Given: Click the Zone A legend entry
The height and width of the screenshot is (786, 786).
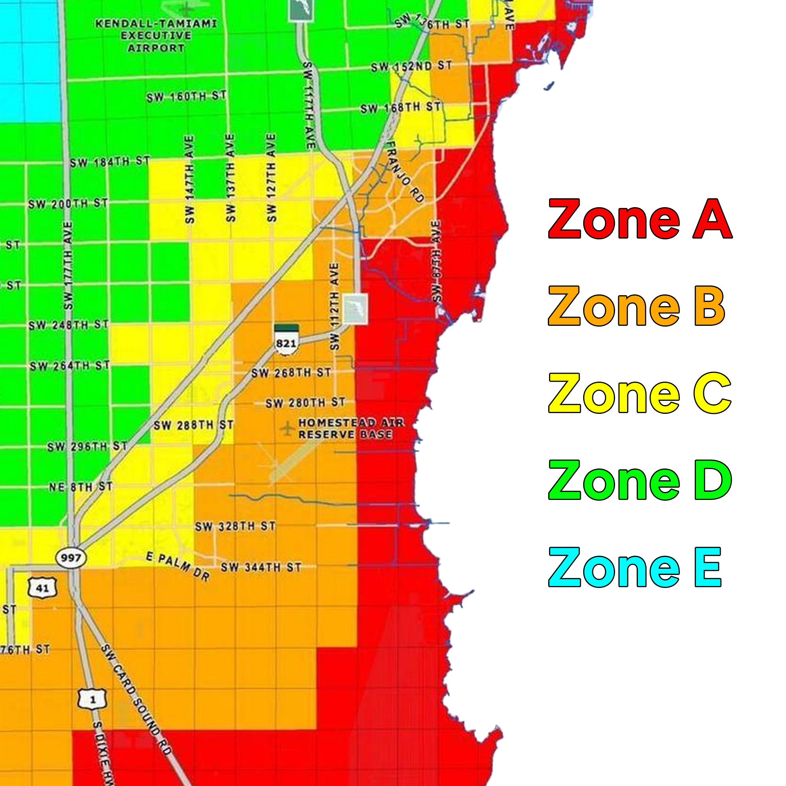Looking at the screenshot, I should tap(640, 220).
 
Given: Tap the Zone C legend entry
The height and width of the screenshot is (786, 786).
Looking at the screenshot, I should tap(640, 393).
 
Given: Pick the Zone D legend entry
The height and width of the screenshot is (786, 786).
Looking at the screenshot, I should tap(640, 481).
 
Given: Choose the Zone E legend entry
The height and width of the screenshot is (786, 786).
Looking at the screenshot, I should tap(635, 567).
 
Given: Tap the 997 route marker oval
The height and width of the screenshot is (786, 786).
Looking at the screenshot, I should tap(71, 557).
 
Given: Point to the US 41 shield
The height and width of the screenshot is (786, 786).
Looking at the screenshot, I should tap(42, 588).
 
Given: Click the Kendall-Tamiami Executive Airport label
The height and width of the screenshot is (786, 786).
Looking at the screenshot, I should tap(156, 36).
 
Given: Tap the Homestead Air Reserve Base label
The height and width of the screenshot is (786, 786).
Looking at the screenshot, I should tap(351, 429).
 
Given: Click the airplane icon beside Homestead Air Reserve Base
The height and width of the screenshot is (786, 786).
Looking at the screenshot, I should tap(287, 428).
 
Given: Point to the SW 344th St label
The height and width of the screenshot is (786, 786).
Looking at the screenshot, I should tap(261, 567).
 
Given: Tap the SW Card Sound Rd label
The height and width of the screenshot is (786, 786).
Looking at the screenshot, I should tap(136, 698).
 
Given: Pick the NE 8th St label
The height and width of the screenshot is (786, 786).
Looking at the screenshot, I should tap(81, 487).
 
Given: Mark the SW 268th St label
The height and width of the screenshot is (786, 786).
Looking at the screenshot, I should tap(291, 373).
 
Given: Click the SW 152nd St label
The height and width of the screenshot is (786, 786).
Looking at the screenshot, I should tap(411, 66).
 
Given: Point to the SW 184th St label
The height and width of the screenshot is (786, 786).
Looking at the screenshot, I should tap(110, 162).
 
